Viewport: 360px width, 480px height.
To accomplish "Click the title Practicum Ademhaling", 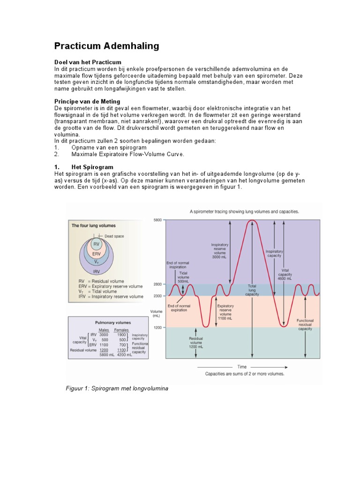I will point(106,46).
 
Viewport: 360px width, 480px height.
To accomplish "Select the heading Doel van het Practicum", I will point(88,62).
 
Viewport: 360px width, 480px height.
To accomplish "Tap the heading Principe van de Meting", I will point(87,101).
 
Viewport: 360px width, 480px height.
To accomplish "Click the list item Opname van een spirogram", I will point(109,147).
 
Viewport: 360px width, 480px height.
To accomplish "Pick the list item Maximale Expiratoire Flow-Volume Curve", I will point(127,154).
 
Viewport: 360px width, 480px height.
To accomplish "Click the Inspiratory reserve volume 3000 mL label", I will point(220,251).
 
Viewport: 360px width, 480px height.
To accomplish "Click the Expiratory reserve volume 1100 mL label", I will point(225,311).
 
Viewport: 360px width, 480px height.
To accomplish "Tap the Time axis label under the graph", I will point(242,367).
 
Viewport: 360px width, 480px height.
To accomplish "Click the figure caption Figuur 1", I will point(117,389).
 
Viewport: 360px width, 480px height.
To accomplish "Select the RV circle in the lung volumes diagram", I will point(97,244).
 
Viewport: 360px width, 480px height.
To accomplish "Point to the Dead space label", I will point(114,236).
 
